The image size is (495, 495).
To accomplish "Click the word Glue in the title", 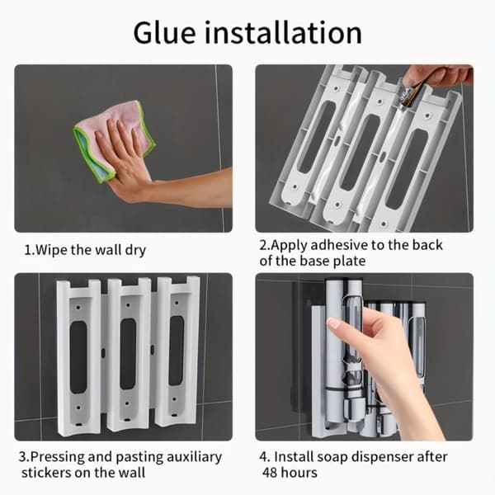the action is click(x=164, y=34).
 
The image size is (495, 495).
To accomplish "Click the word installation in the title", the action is click(x=283, y=32).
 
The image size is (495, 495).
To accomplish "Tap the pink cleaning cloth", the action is click(x=114, y=139).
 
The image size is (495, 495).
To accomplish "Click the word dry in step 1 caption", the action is click(x=135, y=251).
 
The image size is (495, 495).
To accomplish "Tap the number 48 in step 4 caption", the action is click(x=270, y=473).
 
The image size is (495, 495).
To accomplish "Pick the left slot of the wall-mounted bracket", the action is click(x=78, y=357).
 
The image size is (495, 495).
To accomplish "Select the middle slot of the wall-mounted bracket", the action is click(x=128, y=354).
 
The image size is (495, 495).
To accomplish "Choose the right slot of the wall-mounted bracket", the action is click(x=177, y=351).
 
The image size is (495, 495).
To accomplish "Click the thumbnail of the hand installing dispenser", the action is click(x=364, y=356).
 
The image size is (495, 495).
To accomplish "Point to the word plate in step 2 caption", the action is click(x=350, y=261).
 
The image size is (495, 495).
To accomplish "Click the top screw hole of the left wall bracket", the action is click(x=78, y=306).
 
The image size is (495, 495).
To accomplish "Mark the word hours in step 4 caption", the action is click(x=299, y=473).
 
